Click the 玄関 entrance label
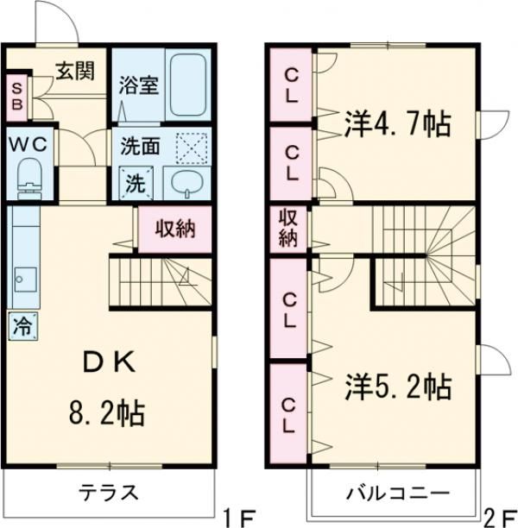(x=76, y=72)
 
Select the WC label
(x=30, y=142)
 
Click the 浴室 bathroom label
(x=136, y=85)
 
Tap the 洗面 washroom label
(x=141, y=147)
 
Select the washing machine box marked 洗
(x=136, y=182)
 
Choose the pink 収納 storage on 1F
(x=174, y=229)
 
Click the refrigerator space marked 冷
(x=22, y=326)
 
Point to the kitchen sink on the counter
(x=23, y=281)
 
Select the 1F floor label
(x=234, y=518)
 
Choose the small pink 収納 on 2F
(x=287, y=229)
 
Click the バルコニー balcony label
(x=398, y=494)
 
